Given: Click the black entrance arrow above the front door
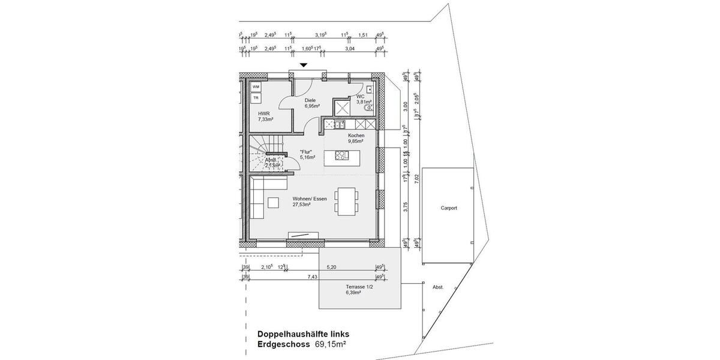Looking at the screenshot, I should tap(304, 65).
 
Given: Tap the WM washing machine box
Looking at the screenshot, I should tap(256, 87).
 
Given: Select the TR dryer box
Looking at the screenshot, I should tap(256, 97).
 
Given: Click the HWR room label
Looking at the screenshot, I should tap(264, 113).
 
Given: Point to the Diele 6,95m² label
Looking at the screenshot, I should tap(311, 103).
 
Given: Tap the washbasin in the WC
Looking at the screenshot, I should tap(370, 89).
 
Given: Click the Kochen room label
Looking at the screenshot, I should tap(356, 136).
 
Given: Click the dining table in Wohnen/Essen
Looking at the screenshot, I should tap(347, 201).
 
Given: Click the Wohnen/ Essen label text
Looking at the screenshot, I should tap(310, 199).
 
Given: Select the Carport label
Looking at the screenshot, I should tap(448, 208).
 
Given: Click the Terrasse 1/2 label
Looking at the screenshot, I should tap(359, 287).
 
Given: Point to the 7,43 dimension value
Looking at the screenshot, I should tap(313, 277).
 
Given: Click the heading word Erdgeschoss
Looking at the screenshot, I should tap(284, 344).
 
